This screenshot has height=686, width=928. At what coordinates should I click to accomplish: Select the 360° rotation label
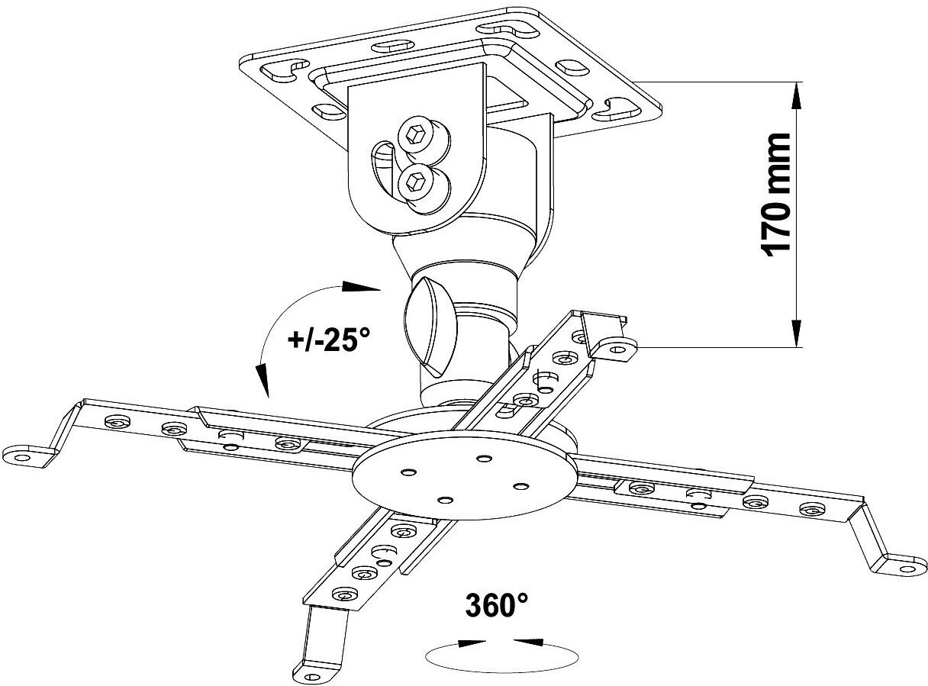point(497,607)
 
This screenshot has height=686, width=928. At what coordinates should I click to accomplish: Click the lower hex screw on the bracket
point(417,182)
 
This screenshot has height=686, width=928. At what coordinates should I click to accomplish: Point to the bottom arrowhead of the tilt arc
point(263,378)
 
